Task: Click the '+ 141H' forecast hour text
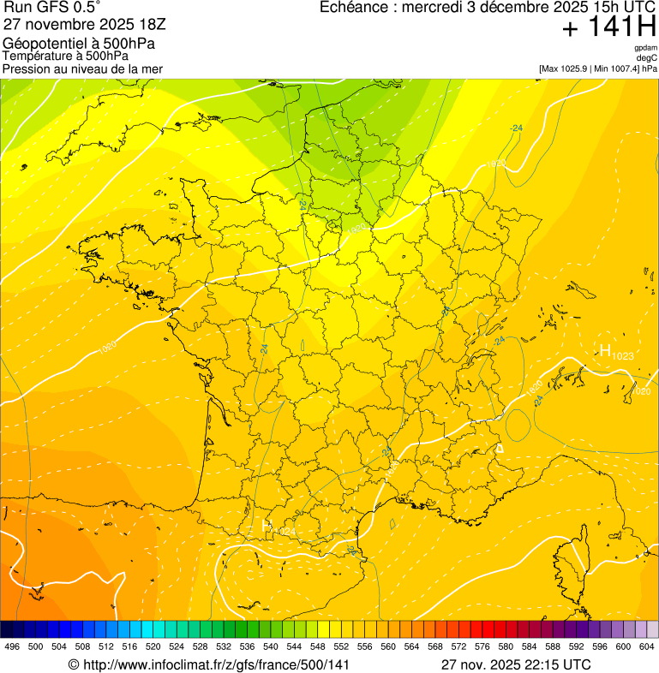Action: click(x=608, y=27)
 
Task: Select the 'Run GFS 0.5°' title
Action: click(x=52, y=9)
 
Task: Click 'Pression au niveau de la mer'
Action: click(x=82, y=68)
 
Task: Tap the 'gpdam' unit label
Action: click(x=645, y=48)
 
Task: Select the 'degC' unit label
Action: click(x=647, y=57)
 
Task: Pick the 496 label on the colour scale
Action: click(x=12, y=646)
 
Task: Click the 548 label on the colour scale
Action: click(x=317, y=646)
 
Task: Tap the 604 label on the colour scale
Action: click(x=646, y=646)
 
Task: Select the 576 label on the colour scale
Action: click(x=482, y=646)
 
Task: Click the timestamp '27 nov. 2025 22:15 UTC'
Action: click(x=516, y=664)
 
